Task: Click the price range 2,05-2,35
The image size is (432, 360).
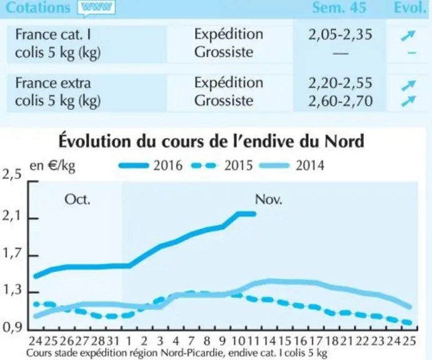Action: click(x=340, y=35)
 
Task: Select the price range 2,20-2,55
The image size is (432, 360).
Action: click(x=340, y=83)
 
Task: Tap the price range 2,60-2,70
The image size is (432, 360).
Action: click(x=340, y=101)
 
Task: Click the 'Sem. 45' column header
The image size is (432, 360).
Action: click(x=339, y=7)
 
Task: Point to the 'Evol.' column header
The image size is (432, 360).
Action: click(x=410, y=7)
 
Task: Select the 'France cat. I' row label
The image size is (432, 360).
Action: click(x=53, y=35)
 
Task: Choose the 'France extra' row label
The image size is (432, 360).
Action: click(x=53, y=83)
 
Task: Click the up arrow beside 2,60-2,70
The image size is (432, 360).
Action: click(x=408, y=101)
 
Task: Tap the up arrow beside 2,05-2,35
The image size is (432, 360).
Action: click(x=408, y=36)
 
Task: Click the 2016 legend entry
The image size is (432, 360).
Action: click(x=151, y=166)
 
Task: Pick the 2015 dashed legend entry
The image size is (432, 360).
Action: click(x=221, y=166)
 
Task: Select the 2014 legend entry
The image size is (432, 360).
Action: click(x=292, y=166)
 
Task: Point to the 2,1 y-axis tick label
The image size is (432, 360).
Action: click(x=12, y=216)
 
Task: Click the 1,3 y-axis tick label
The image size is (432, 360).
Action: click(x=12, y=290)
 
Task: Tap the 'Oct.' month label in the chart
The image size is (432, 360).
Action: click(x=78, y=199)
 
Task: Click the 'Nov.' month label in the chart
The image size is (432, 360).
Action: click(x=269, y=199)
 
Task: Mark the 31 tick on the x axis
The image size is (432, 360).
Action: click(x=113, y=341)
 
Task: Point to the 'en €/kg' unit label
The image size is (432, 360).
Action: click(x=53, y=166)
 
